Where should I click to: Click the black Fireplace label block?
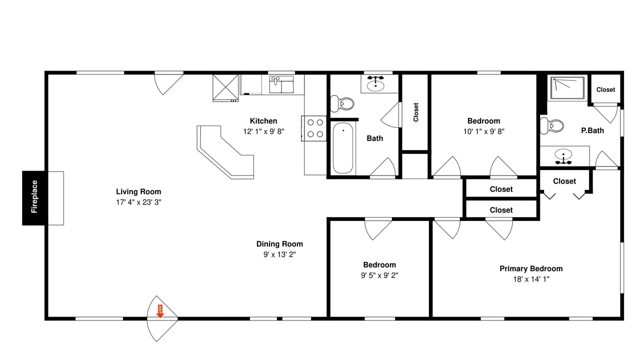(x=33, y=198)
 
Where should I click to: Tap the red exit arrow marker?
(x=160, y=311)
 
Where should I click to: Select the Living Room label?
(x=138, y=191)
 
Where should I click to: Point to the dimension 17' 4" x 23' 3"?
(x=138, y=202)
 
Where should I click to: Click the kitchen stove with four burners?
(x=313, y=128)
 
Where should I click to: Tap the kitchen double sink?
(x=281, y=84)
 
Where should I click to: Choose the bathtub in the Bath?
(x=343, y=148)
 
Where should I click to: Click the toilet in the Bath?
(x=342, y=103)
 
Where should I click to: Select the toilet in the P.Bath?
(x=551, y=125)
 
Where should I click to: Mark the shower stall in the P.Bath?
(x=567, y=87)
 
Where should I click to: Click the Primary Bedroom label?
(x=531, y=268)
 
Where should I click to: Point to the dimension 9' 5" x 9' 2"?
(x=379, y=275)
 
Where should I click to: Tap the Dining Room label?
(x=279, y=244)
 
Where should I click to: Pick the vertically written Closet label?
(x=415, y=112)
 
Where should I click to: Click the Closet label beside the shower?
(x=605, y=89)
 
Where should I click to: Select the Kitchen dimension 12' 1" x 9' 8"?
(x=263, y=131)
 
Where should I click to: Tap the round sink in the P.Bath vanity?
(x=563, y=154)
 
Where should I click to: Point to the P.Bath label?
(x=592, y=130)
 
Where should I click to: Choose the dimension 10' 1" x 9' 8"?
(x=483, y=131)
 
